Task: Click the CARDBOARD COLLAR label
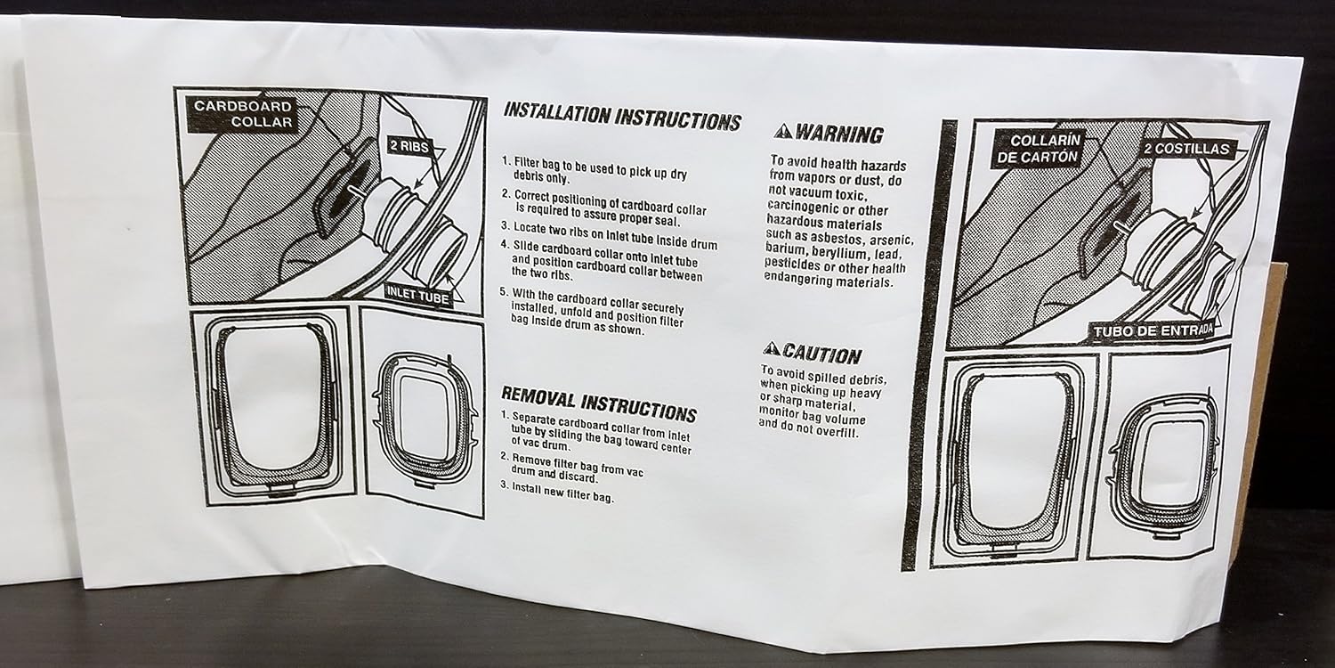[x=244, y=114]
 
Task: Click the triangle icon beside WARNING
[x=782, y=132]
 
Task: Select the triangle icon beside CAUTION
[x=771, y=349]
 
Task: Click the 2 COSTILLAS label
[x=1188, y=149]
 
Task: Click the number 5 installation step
[x=504, y=291]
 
